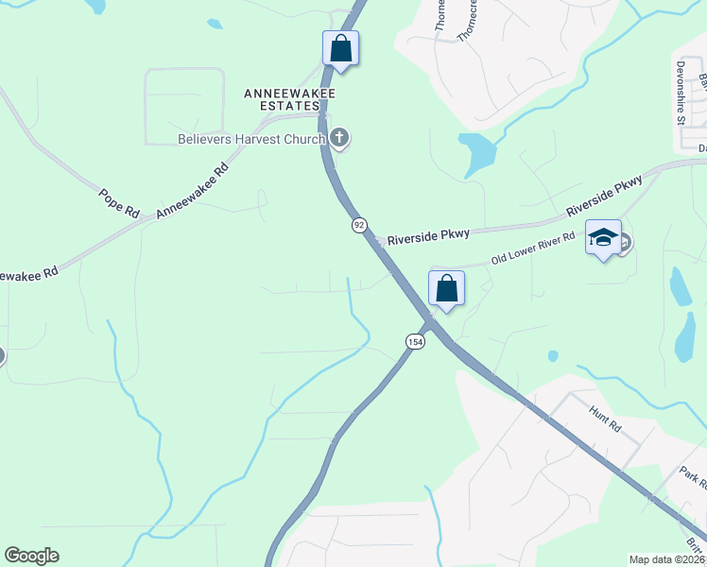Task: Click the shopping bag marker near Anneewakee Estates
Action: [x=340, y=48]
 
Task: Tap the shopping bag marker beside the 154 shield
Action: [x=447, y=288]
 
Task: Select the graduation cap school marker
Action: [x=603, y=238]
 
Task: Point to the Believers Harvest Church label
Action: [x=251, y=139]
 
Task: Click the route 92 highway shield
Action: [x=359, y=225]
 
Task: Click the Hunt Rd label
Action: [x=604, y=421]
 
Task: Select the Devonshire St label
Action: [x=680, y=94]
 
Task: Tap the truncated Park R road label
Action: [x=693, y=474]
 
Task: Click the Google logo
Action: [x=31, y=556]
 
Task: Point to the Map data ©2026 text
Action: [x=666, y=559]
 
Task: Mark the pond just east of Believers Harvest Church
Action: [x=477, y=152]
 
